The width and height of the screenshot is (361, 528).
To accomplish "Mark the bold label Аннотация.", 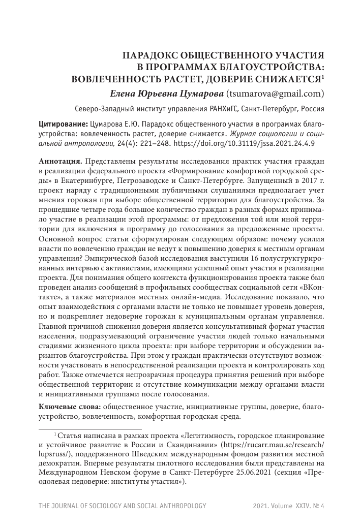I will click(61, 161).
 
